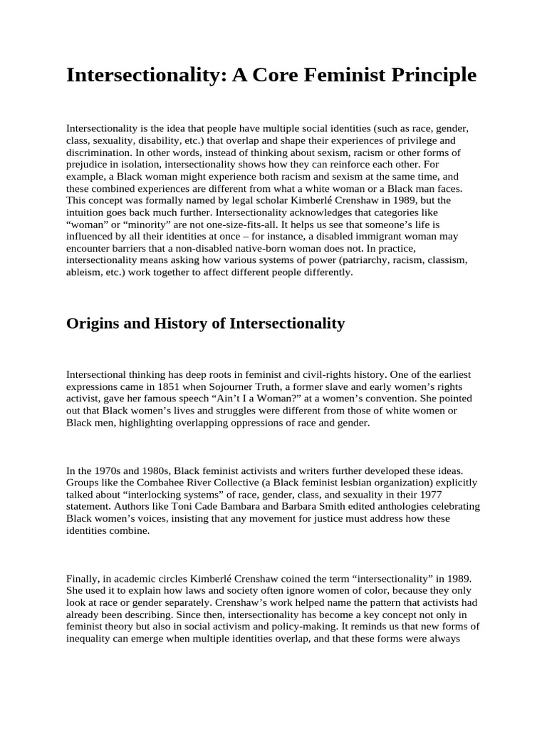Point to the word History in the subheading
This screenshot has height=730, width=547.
(x=182, y=324)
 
